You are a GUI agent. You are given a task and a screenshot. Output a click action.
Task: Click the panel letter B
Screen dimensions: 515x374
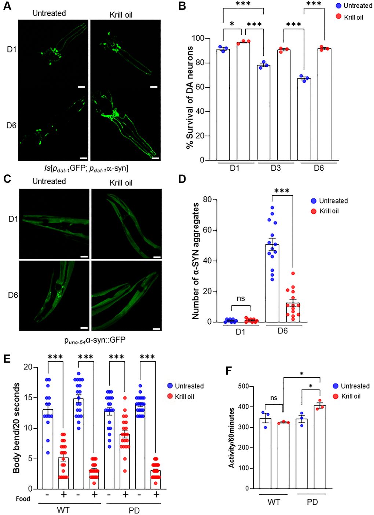[182, 6]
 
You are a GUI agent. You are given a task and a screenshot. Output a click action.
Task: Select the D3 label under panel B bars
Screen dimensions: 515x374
[276, 168]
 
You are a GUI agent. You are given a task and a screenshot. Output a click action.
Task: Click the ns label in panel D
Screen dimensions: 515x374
[241, 298]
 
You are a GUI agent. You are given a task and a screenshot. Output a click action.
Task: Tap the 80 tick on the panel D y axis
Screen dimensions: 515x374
[207, 200]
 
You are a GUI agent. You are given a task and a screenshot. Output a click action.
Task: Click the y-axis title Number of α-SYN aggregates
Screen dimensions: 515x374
[196, 261]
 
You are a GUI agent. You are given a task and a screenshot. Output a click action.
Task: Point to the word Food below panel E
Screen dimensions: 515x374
[23, 499]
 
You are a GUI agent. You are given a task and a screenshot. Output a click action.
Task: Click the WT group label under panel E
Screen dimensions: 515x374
[63, 510]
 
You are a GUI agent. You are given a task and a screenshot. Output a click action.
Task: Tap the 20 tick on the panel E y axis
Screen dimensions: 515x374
[28, 367]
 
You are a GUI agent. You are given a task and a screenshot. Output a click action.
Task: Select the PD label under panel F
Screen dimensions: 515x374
[312, 502]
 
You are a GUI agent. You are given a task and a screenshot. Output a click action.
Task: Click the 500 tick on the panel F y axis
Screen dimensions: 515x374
[243, 386]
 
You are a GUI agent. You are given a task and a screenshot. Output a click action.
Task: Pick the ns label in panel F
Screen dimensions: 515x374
[274, 398]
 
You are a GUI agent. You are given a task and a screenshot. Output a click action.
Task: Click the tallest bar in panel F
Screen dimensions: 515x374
[320, 447]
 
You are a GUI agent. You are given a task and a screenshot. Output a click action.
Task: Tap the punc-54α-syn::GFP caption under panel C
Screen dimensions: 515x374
[95, 341]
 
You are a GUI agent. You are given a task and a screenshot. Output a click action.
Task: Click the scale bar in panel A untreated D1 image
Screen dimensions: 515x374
[81, 87]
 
